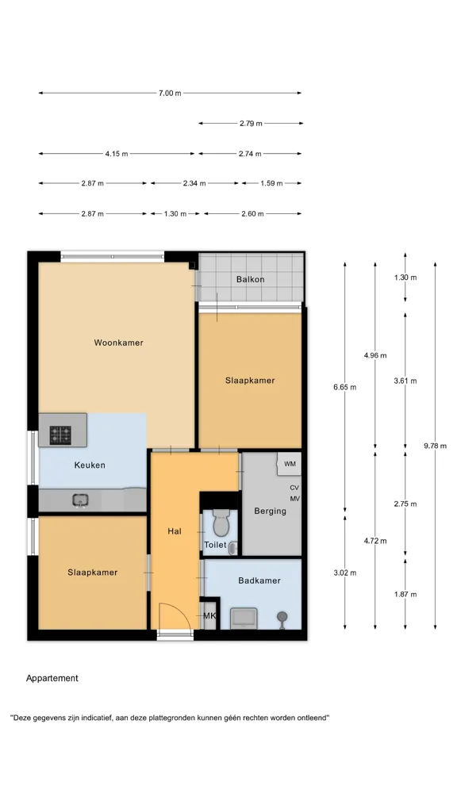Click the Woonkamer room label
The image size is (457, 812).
pyautogui.click(x=118, y=343)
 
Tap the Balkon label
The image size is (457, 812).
pyautogui.click(x=250, y=279)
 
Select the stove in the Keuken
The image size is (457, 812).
pyautogui.click(x=60, y=435)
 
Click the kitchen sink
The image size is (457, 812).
pyautogui.click(x=80, y=500)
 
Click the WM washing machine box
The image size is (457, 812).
pyautogui.click(x=289, y=464)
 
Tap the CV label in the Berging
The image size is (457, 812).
pyautogui.click(x=294, y=488)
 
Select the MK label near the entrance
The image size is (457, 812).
pyautogui.click(x=209, y=615)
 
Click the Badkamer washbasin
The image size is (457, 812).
pyautogui.click(x=243, y=618)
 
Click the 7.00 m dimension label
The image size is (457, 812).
pyautogui.click(x=170, y=94)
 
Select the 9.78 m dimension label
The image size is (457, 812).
pyautogui.click(x=435, y=446)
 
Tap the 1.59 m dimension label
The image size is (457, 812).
pyautogui.click(x=271, y=183)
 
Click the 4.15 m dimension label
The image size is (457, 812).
pyautogui.click(x=117, y=154)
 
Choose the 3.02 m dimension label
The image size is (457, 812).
pyautogui.click(x=344, y=573)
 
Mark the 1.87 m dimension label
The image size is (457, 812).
pyautogui.click(x=405, y=594)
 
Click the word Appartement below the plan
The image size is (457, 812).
pyautogui.click(x=52, y=679)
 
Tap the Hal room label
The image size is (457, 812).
pyautogui.click(x=175, y=531)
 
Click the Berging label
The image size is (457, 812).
pyautogui.click(x=270, y=511)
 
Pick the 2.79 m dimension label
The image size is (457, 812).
pyautogui.click(x=251, y=124)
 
